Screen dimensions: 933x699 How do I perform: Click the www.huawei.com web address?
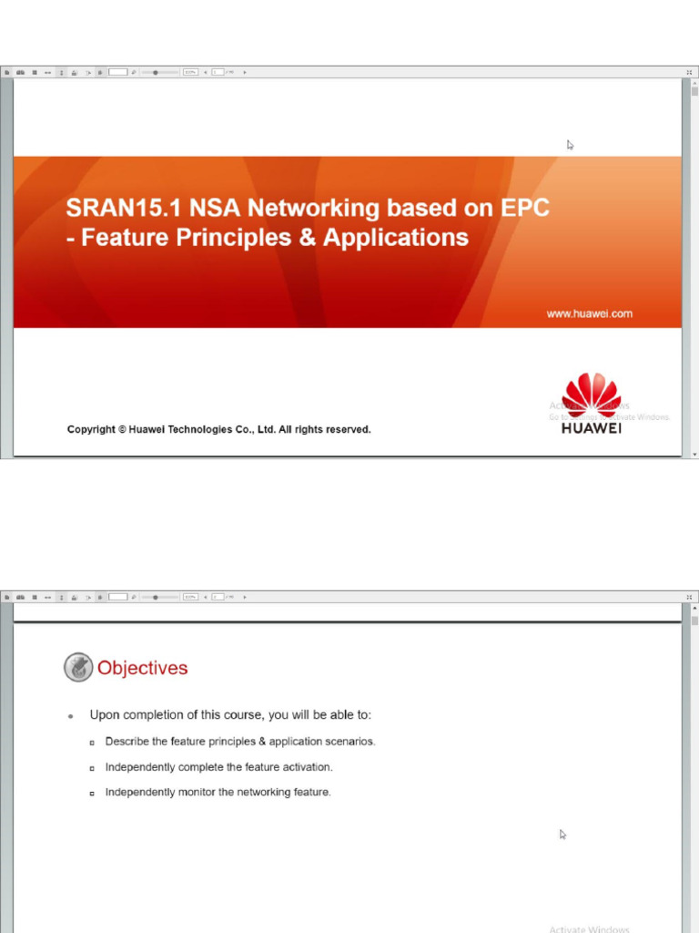click(x=589, y=313)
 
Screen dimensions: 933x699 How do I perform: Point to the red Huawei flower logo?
click(x=593, y=394)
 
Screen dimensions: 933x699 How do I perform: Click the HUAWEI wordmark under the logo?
click(x=592, y=428)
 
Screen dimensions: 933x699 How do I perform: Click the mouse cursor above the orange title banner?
click(x=570, y=144)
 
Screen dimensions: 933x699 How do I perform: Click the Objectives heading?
click(x=142, y=668)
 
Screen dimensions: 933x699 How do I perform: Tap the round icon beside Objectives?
click(x=78, y=667)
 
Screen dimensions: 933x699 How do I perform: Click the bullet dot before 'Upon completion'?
click(x=71, y=717)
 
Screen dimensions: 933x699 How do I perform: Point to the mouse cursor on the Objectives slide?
click(x=562, y=834)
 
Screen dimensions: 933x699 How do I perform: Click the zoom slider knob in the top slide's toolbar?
click(x=156, y=72)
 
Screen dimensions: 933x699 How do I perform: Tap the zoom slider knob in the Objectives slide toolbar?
click(x=156, y=597)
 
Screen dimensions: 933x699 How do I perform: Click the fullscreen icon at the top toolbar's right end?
click(x=689, y=72)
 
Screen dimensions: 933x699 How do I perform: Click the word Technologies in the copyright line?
click(x=213, y=430)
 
